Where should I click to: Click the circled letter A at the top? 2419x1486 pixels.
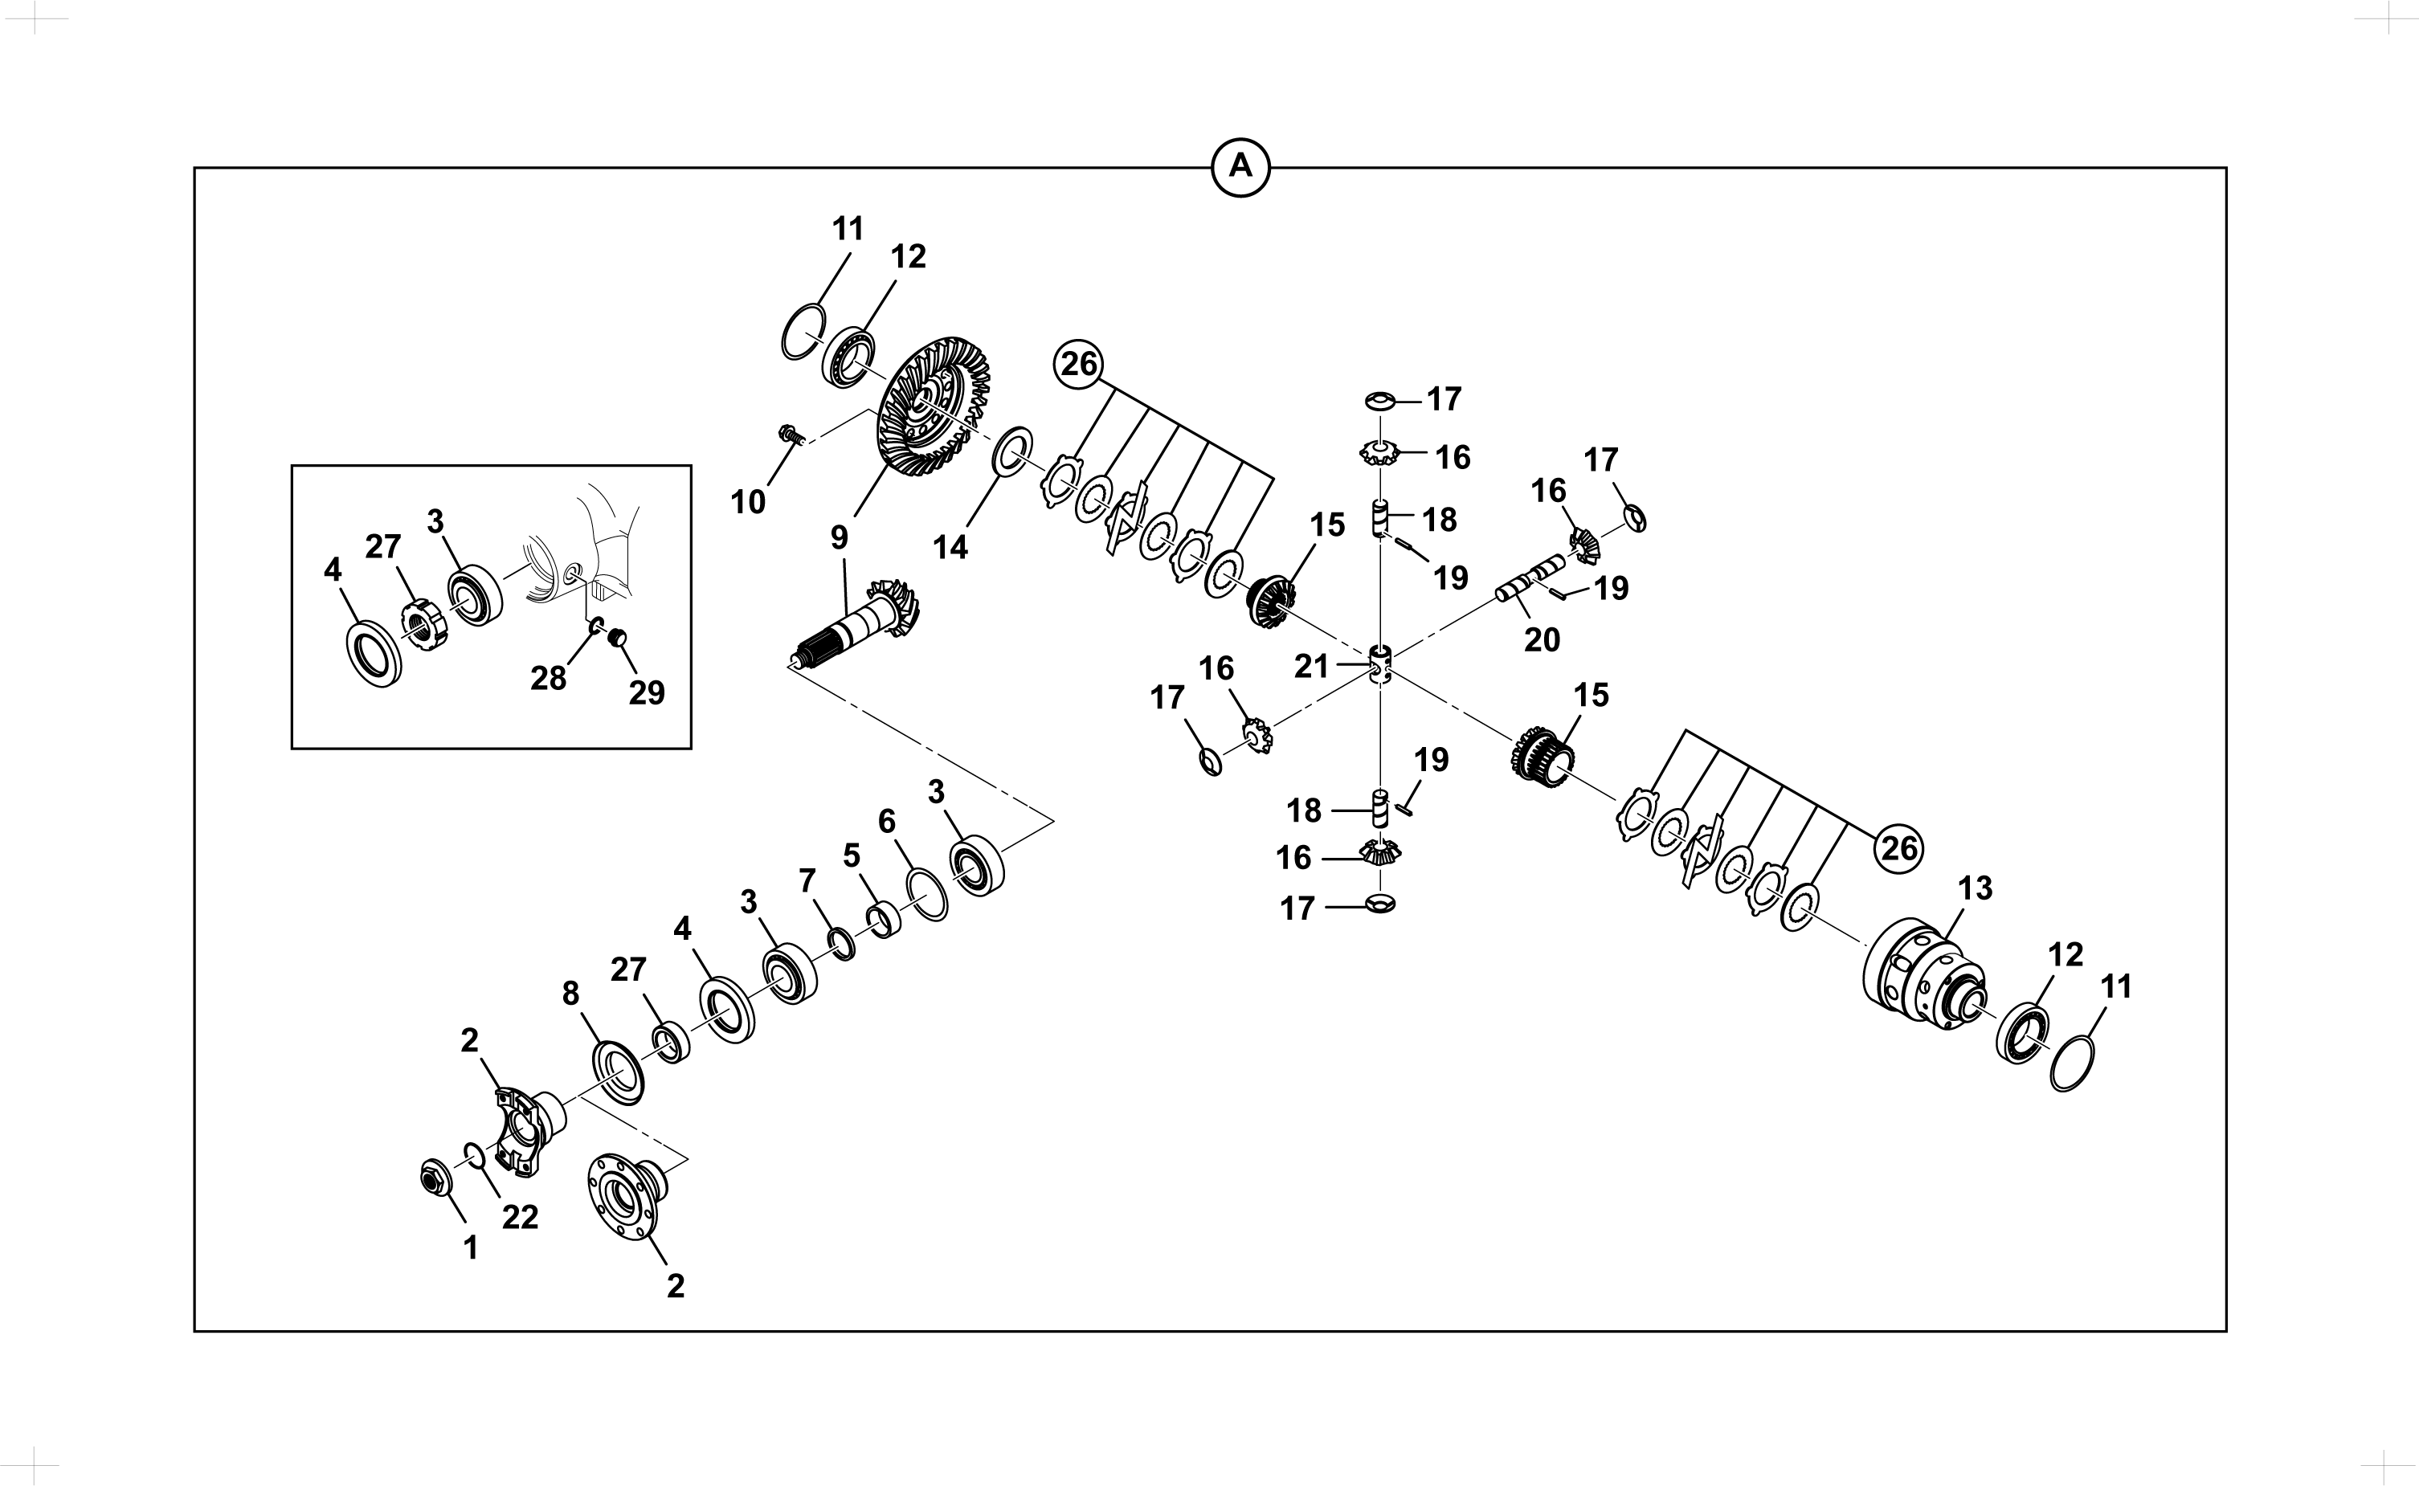point(1240,167)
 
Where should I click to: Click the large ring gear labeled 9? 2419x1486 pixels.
point(932,407)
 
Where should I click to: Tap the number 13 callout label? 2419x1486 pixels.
point(1975,888)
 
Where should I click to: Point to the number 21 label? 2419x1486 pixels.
point(1311,667)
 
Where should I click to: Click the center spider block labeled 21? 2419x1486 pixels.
point(1381,665)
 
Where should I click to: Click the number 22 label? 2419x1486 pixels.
point(520,1218)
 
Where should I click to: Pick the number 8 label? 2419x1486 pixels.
point(571,994)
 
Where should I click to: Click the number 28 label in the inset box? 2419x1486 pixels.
point(549,678)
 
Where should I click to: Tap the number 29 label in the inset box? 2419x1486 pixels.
point(647,694)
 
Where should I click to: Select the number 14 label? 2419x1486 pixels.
point(950,549)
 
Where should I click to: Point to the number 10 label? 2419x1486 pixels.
point(748,502)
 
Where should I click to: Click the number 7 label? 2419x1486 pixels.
point(807,882)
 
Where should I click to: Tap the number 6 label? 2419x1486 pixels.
point(887,822)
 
